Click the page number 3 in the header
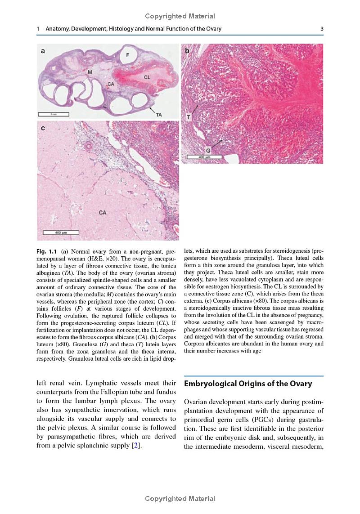322,29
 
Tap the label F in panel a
128,55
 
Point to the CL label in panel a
147,77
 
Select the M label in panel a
90,72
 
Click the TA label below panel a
158,115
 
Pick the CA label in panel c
103,212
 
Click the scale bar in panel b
204,157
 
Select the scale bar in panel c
61,232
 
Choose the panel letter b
187,51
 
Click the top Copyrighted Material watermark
180,16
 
